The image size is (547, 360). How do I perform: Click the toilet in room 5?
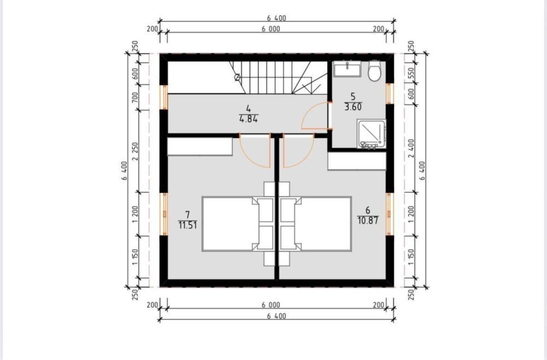pos(375,71)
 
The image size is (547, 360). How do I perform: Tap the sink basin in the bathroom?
pos(347,69)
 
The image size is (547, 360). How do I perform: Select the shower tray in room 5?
pos(371,134)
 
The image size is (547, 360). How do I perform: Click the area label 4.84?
pos(248,119)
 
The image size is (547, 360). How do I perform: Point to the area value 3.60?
pos(353,107)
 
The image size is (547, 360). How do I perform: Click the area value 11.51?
pos(188,225)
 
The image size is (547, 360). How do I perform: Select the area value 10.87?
pos(368,220)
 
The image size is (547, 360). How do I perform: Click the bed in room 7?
pos(238,224)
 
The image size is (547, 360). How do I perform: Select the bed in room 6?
pos(316,224)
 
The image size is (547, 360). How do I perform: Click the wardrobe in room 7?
pos(200,146)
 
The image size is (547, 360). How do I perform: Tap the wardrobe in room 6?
pos(357,161)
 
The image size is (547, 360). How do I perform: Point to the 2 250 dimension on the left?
pos(135,151)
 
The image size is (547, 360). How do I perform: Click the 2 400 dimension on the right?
pos(411,148)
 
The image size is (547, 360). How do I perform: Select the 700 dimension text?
pos(135,97)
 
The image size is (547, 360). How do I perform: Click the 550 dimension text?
pos(411,73)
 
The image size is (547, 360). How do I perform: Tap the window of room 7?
pos(164,214)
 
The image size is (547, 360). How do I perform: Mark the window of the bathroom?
pos(389,94)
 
